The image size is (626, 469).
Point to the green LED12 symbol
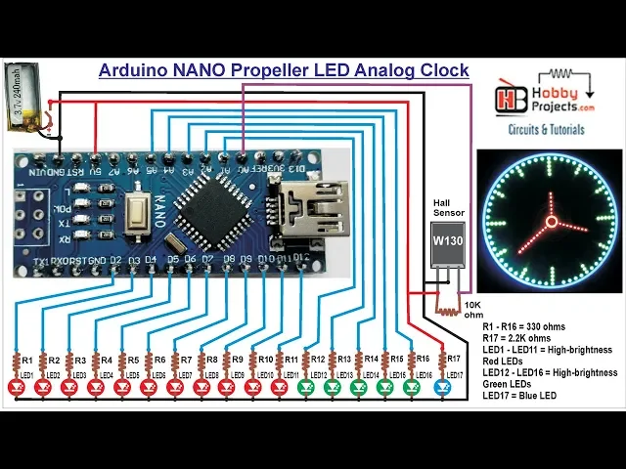(x=306, y=388)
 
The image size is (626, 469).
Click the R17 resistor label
(x=453, y=360)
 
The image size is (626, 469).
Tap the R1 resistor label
(x=27, y=360)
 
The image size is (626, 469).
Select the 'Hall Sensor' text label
(x=449, y=205)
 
